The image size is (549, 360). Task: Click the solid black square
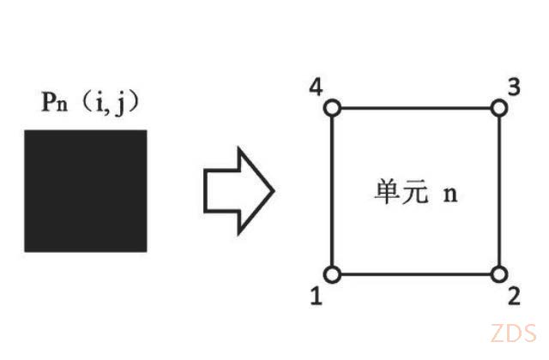point(86,191)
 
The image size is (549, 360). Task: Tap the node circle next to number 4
point(332,108)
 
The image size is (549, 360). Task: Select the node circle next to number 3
point(499,108)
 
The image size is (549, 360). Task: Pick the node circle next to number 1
point(332,274)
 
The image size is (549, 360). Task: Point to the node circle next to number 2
point(499,274)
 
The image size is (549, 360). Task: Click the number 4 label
point(316,87)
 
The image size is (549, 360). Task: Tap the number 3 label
point(514,87)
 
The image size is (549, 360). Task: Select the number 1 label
point(317,296)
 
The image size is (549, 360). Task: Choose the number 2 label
point(514,296)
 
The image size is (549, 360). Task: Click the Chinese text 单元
point(401,191)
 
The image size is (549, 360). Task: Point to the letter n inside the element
point(450,195)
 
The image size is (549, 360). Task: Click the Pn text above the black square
point(55,101)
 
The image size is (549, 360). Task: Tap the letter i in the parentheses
point(100,103)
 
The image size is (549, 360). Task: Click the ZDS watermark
point(513,333)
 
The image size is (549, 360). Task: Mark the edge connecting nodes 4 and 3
point(415,108)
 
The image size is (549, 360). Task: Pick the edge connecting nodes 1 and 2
point(415,274)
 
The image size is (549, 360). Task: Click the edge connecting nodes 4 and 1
point(332,191)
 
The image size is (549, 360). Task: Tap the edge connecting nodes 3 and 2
point(499,191)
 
